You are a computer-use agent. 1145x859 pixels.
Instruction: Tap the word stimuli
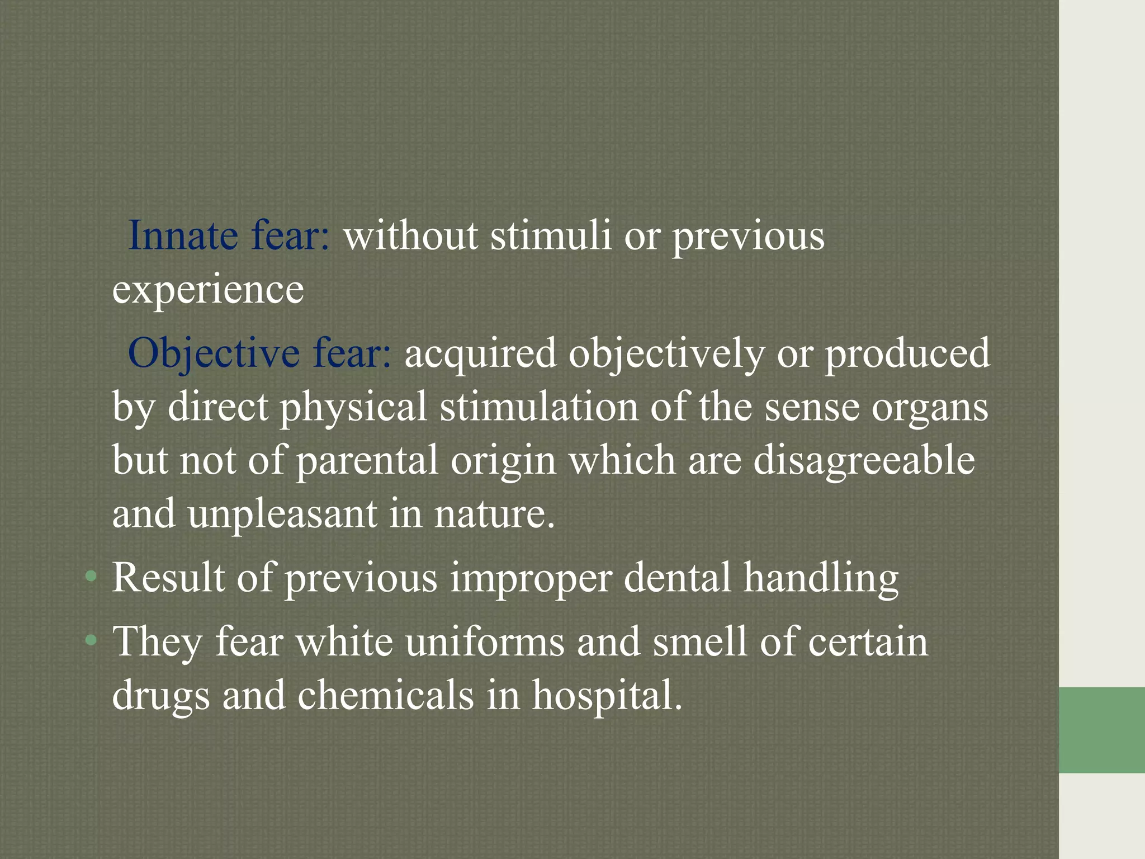(x=551, y=235)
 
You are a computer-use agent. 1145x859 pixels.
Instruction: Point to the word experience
(x=208, y=290)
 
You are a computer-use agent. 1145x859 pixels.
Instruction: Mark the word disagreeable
(x=864, y=461)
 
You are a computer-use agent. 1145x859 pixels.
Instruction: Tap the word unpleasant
(x=282, y=514)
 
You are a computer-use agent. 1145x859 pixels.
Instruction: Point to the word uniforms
(x=485, y=641)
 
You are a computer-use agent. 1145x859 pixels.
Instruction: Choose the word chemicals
(x=385, y=695)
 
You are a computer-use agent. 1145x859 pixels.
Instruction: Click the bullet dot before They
(x=91, y=641)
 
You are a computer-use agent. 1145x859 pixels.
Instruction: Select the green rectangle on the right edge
(x=1101, y=730)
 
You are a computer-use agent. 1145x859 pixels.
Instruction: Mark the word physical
(x=353, y=408)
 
